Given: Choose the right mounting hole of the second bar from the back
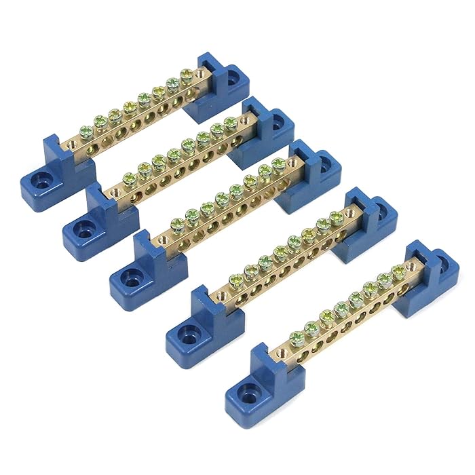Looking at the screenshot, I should click(278, 121).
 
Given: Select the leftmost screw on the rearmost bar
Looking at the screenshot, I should click(87, 132).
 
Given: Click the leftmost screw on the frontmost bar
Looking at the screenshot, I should click(297, 337).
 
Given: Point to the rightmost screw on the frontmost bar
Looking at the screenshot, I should click(398, 272).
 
